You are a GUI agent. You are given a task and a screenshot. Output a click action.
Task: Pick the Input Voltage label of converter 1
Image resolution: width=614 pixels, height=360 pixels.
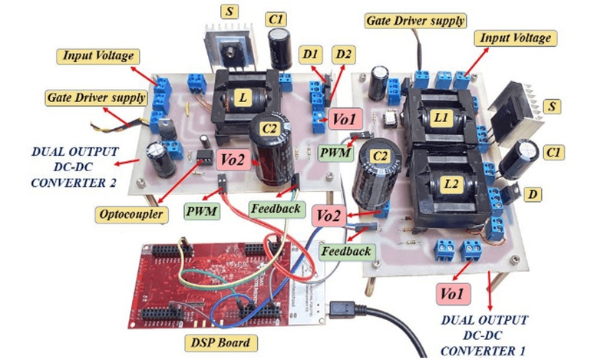(514, 37)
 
